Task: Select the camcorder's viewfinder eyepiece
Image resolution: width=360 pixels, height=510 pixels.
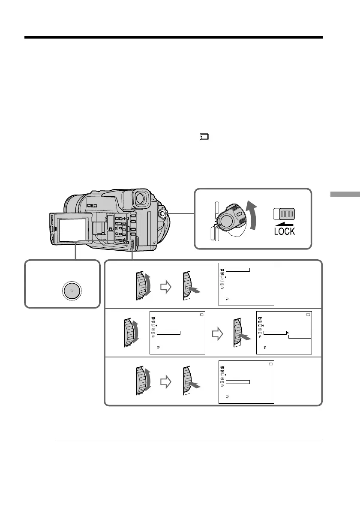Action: (141, 198)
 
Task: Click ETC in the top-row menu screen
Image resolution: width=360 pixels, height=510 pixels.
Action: (222, 284)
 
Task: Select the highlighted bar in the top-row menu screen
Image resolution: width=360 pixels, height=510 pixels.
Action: (238, 270)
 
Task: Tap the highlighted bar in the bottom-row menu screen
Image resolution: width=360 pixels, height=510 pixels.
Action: (238, 382)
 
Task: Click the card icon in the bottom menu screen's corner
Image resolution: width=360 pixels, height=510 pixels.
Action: (270, 364)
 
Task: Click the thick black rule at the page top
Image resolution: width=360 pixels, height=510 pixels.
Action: (173, 37)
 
